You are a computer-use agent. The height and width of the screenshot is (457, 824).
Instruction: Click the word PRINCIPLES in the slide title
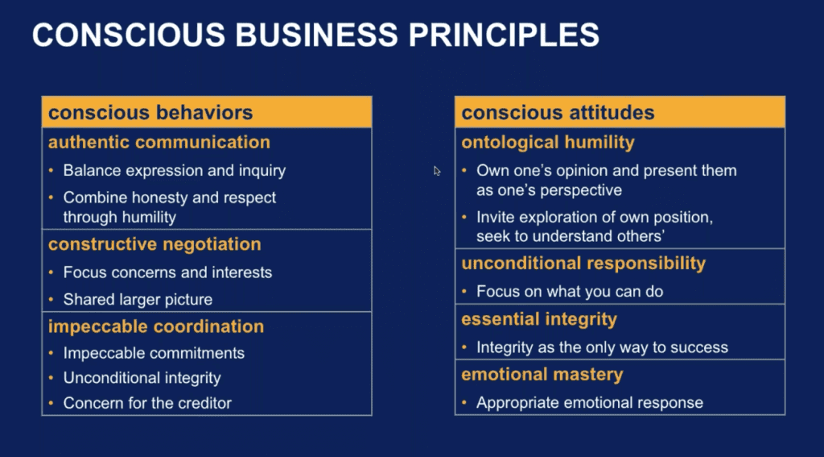click(x=504, y=35)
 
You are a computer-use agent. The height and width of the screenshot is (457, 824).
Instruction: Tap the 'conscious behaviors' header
click(x=150, y=112)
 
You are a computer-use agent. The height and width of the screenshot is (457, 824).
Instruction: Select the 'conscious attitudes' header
click(x=558, y=112)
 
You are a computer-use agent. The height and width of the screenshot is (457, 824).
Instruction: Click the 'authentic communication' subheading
click(x=159, y=142)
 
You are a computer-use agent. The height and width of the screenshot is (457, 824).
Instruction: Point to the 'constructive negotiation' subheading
click(x=154, y=243)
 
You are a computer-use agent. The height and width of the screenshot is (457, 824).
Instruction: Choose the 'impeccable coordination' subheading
click(x=156, y=326)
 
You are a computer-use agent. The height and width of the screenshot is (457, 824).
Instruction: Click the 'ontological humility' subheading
click(x=548, y=142)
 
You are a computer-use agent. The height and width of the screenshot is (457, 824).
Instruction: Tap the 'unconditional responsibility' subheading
click(x=583, y=264)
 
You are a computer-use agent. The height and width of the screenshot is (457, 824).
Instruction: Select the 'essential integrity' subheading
click(x=539, y=319)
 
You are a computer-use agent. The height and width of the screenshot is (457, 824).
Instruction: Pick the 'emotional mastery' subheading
click(x=542, y=374)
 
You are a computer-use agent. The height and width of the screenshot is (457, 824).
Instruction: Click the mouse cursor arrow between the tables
click(x=437, y=171)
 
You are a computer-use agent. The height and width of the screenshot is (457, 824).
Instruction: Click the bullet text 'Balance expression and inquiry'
click(x=175, y=171)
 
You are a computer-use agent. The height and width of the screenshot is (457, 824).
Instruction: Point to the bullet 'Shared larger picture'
click(x=138, y=300)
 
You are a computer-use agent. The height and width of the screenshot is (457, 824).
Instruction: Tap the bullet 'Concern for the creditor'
click(x=147, y=403)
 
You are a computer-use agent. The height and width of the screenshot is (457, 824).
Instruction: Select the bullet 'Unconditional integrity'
click(x=142, y=378)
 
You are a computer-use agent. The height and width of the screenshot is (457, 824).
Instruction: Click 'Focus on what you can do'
click(x=570, y=292)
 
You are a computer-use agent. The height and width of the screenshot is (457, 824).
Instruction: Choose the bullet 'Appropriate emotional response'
click(x=590, y=403)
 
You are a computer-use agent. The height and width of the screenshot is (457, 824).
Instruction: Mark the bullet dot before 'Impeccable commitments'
click(x=51, y=353)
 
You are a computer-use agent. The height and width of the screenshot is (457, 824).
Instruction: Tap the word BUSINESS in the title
click(x=316, y=35)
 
